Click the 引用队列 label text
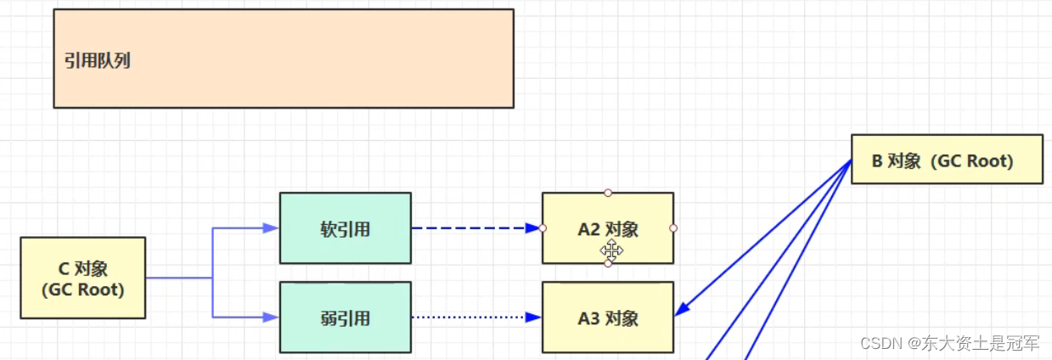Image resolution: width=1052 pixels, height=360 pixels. (98, 61)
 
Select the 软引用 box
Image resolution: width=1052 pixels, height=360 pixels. (345, 228)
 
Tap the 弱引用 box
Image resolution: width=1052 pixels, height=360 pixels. (345, 318)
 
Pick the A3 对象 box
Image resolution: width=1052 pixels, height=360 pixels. (608, 318)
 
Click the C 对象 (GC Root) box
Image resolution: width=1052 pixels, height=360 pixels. (82, 278)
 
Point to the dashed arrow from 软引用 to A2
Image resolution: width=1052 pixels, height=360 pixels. (471, 228)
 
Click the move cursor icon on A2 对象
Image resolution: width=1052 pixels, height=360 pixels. (612, 250)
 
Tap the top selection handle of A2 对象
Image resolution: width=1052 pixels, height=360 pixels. (608, 193)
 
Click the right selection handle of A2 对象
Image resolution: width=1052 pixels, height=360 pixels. (673, 228)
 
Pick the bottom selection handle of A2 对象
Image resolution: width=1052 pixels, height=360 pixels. (608, 263)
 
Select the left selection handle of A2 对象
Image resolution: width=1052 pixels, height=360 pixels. (543, 228)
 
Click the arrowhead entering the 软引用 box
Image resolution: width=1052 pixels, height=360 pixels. (272, 228)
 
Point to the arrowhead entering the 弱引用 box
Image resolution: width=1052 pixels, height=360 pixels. (272, 317)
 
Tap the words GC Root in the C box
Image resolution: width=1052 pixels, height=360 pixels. (82, 290)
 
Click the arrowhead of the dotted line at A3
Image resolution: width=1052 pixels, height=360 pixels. (533, 318)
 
